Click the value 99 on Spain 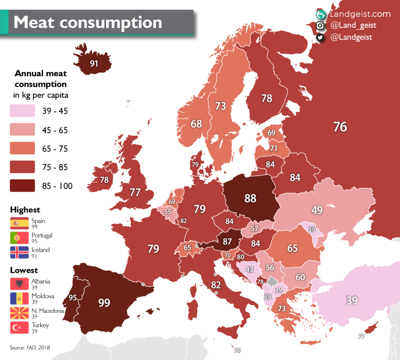[104, 303]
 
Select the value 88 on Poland [250, 198]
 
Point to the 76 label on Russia [340, 127]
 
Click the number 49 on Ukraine [317, 210]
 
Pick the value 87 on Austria [227, 241]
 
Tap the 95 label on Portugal [73, 297]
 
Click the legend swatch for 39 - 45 [23, 111]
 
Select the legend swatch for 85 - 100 [23, 186]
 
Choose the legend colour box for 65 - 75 [23, 149]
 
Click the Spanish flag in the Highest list [20, 223]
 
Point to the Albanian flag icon [20, 283]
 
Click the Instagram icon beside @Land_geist [320, 26]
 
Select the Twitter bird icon [320, 38]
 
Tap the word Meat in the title [36, 22]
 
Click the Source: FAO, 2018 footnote [30, 347]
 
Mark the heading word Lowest [24, 270]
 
